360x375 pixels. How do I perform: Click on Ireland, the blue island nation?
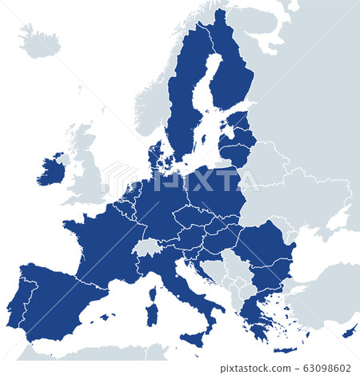click(50, 170)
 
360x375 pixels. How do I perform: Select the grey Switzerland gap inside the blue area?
click(147, 246)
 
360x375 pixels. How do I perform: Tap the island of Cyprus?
click(350, 329)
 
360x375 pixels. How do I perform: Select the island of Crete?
click(285, 349)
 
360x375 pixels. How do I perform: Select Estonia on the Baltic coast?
click(238, 121)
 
